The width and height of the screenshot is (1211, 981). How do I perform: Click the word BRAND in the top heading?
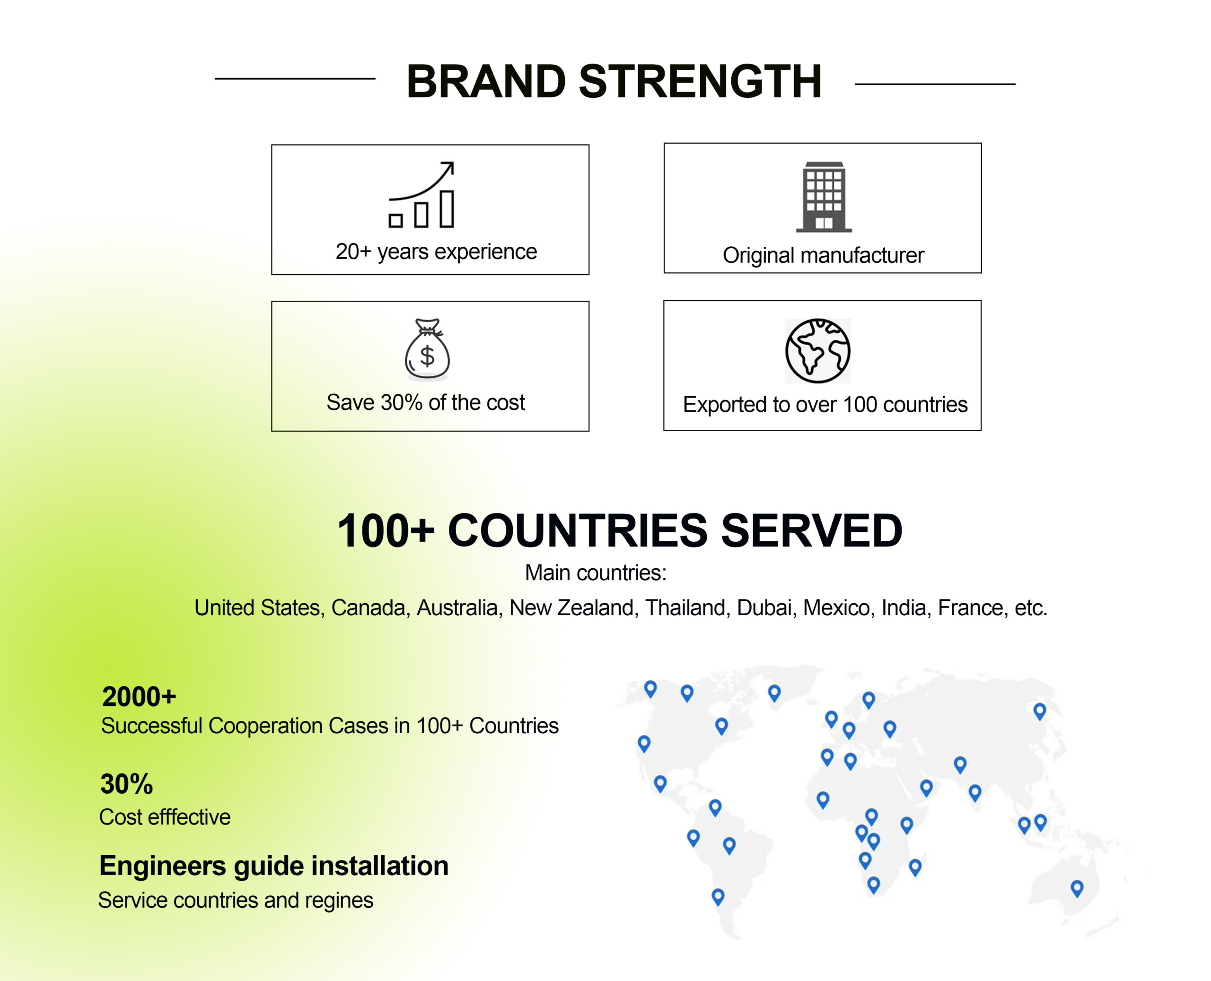[486, 81]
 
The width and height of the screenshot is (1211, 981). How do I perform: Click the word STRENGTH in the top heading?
[701, 81]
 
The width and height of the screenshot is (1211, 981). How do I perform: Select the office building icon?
[824, 197]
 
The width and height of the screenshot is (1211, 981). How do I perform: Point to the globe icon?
[817, 351]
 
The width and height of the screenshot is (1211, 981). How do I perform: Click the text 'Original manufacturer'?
[823, 255]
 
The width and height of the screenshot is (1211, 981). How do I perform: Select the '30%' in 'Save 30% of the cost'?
[402, 402]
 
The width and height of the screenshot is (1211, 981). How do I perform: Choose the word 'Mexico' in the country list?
[837, 608]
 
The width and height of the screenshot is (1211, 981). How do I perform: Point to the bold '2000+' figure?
[139, 697]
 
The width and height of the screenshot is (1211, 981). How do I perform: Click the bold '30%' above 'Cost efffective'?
[127, 784]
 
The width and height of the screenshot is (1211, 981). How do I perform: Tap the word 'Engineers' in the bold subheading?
[163, 866]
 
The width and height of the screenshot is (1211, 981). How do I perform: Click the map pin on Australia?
[1077, 888]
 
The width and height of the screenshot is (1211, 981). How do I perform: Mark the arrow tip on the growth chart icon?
[453, 163]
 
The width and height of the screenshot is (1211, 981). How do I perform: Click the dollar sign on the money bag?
[428, 356]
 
